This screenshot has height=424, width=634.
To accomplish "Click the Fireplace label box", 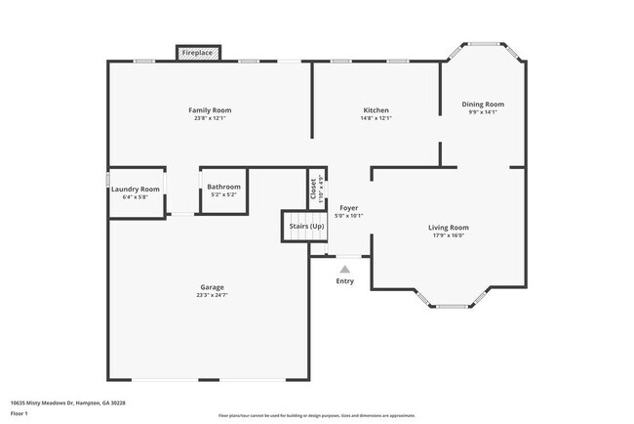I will point(197,52).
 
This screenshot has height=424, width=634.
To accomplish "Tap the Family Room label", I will point(210,110).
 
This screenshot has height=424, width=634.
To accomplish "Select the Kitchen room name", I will point(376,110).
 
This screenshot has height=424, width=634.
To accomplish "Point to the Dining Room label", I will point(483,105).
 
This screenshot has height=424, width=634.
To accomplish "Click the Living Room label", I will point(449,228).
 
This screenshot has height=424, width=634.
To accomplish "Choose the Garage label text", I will point(213,287).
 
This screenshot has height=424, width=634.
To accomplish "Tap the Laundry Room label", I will point(136,189).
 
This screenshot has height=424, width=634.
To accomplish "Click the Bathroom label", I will point(223,187).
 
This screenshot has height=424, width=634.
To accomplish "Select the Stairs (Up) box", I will point(306,226).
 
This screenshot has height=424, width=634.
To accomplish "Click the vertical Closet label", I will point(313,189).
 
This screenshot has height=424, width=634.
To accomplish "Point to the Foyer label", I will point(348,208).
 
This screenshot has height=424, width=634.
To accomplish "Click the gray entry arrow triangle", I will point(344,269).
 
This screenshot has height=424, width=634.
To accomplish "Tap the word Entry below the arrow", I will point(345,281).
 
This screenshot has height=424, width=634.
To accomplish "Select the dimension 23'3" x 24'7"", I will point(213,295).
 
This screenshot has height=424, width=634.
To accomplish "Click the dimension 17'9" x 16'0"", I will point(449,235).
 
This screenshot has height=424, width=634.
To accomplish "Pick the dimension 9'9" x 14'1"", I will point(483,112).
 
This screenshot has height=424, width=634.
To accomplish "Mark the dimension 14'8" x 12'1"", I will point(376,118).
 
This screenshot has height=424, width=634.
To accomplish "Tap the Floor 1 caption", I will point(20,413).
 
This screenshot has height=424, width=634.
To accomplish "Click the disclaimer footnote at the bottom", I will point(317,415).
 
